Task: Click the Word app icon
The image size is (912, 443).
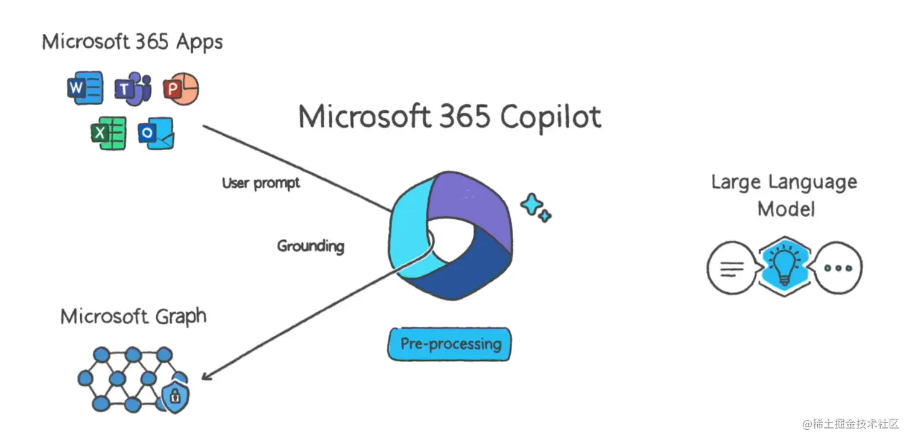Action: tap(84, 88)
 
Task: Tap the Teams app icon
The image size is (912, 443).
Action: tap(132, 88)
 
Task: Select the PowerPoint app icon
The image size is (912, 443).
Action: tap(180, 89)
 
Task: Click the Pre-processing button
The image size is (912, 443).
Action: tap(449, 344)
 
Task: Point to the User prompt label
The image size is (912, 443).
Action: tap(261, 182)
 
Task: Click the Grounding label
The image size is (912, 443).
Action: tap(311, 246)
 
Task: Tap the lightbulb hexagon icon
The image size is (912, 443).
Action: tap(784, 266)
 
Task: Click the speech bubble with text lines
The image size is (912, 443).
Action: tap(730, 267)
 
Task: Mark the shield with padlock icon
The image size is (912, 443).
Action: tap(176, 395)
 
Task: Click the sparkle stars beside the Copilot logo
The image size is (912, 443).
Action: tap(536, 208)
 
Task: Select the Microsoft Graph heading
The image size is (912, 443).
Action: tap(133, 316)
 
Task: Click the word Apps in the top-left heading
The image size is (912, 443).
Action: tap(199, 42)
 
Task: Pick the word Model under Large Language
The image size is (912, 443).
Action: tap(786, 209)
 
